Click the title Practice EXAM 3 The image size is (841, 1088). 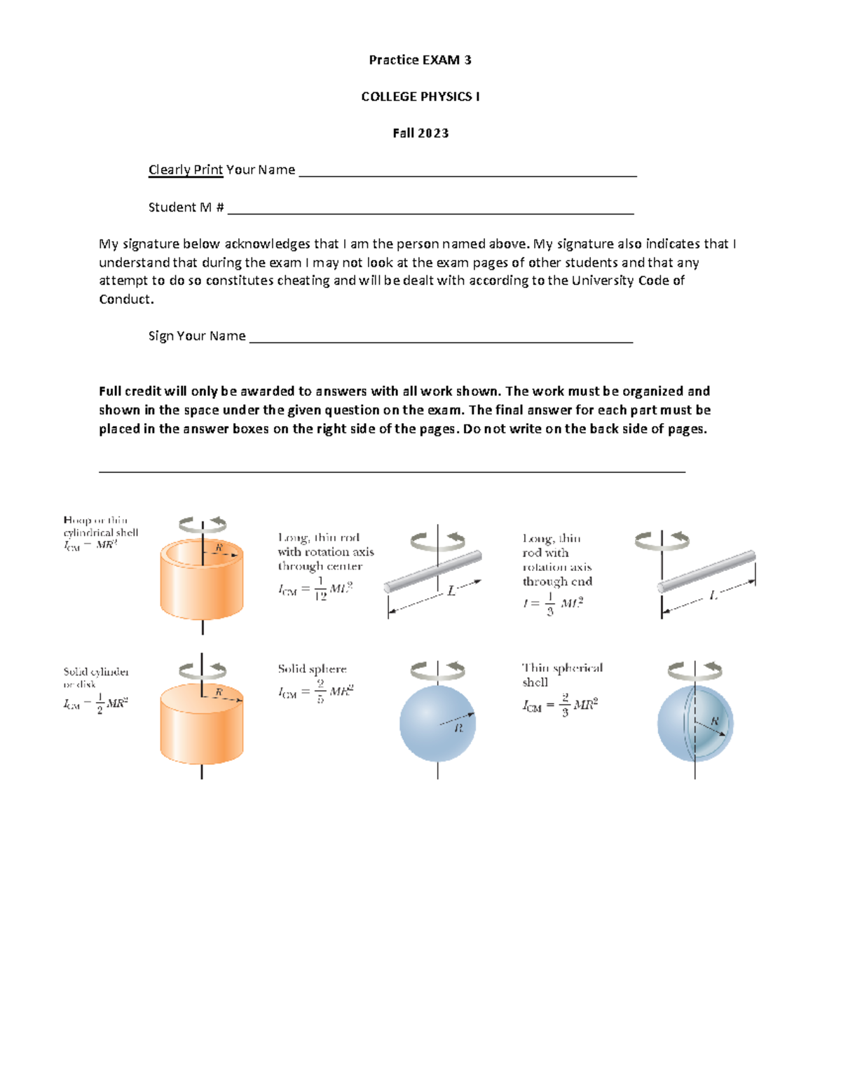pyautogui.click(x=420, y=60)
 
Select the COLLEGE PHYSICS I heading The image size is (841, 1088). pyautogui.click(x=420, y=97)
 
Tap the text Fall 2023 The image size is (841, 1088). pyautogui.click(x=420, y=133)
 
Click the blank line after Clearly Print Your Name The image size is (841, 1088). pyautogui.click(x=467, y=174)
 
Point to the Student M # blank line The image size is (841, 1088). pyautogui.click(x=430, y=210)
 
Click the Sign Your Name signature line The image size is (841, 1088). pyautogui.click(x=441, y=340)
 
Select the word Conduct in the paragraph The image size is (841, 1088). pyautogui.click(x=125, y=299)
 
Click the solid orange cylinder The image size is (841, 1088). pyautogui.click(x=202, y=725)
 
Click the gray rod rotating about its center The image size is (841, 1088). pyautogui.click(x=433, y=572)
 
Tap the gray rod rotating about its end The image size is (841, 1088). pyautogui.click(x=706, y=572)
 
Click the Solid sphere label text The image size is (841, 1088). pyautogui.click(x=312, y=669)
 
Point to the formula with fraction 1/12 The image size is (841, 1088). pyautogui.click(x=315, y=588)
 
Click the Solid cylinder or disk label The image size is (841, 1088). pyautogui.click(x=96, y=677)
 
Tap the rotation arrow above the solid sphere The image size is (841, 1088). pyautogui.click(x=437, y=670)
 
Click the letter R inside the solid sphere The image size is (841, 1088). pyautogui.click(x=459, y=728)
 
